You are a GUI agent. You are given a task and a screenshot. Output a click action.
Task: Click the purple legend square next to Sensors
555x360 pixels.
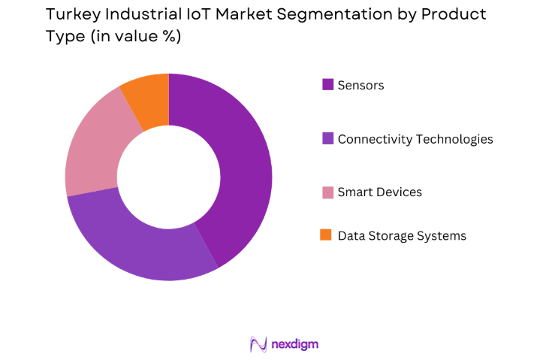(x=327, y=85)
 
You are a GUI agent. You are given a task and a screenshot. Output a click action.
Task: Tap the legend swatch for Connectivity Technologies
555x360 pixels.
(x=327, y=139)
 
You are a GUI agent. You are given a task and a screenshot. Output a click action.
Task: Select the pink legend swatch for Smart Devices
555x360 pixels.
(x=327, y=192)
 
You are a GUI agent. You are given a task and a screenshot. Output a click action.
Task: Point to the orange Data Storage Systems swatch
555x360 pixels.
(x=327, y=236)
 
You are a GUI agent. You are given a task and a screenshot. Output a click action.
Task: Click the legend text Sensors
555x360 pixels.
(x=360, y=85)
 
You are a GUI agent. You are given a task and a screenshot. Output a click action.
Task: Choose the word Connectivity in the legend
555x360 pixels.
(x=373, y=139)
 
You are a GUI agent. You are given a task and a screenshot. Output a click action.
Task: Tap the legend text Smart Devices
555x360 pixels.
(x=379, y=192)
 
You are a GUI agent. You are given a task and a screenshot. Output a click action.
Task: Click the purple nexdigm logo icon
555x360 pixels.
(x=258, y=344)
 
